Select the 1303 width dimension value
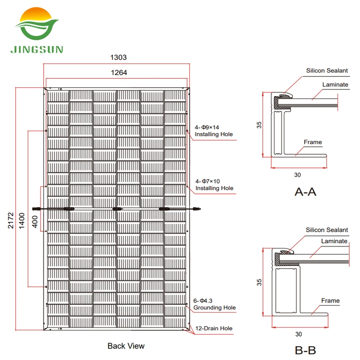(x=118, y=57)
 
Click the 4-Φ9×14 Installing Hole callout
(x=214, y=130)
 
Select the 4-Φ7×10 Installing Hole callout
(x=214, y=184)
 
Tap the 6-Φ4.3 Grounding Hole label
(x=215, y=304)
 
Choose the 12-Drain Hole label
(x=214, y=328)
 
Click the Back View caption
(x=126, y=346)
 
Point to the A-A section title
(x=305, y=192)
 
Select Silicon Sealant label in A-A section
(x=327, y=71)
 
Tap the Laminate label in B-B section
(x=334, y=241)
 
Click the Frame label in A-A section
(x=313, y=142)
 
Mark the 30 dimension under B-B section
(x=298, y=334)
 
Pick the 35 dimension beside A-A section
(x=259, y=125)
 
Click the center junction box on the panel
(x=117, y=208)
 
